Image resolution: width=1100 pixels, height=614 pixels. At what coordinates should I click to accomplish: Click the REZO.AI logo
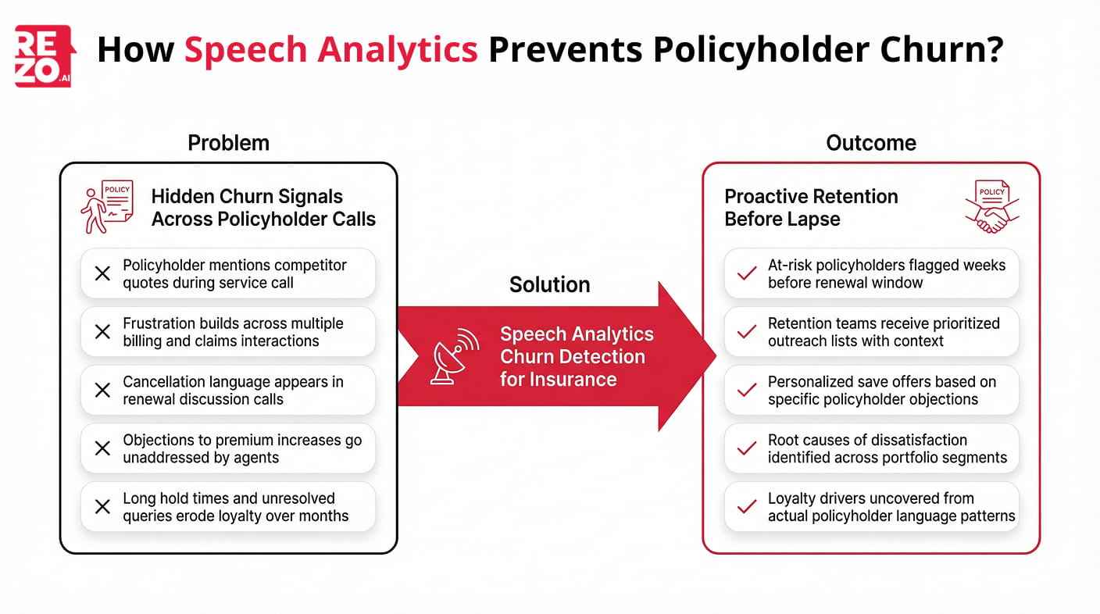tap(45, 55)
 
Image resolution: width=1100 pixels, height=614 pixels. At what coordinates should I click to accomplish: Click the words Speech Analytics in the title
tap(330, 50)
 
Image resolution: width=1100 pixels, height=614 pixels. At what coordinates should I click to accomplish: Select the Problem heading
tap(228, 143)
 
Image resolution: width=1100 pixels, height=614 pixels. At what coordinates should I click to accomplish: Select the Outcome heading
tap(870, 143)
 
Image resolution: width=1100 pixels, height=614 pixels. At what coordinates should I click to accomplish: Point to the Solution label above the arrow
tap(549, 284)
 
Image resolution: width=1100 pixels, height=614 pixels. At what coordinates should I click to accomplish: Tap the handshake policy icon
tap(991, 206)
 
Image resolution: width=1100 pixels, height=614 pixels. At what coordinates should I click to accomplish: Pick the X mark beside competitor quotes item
tap(102, 273)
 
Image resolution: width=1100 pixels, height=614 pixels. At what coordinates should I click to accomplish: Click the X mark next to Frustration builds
tap(102, 332)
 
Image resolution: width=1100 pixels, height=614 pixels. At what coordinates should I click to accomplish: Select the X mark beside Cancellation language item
tap(102, 391)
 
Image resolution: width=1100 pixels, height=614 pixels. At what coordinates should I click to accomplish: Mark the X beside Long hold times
tap(102, 507)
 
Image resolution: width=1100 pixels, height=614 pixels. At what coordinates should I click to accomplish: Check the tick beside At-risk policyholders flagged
tap(747, 273)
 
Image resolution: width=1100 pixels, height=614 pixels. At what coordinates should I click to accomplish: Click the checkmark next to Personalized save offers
tap(747, 391)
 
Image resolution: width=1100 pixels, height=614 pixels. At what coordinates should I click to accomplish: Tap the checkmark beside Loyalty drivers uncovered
tap(747, 507)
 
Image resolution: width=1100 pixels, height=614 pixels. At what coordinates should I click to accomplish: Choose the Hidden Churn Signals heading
tap(263, 208)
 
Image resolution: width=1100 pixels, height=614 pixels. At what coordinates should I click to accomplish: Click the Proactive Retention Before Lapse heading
tap(811, 208)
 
